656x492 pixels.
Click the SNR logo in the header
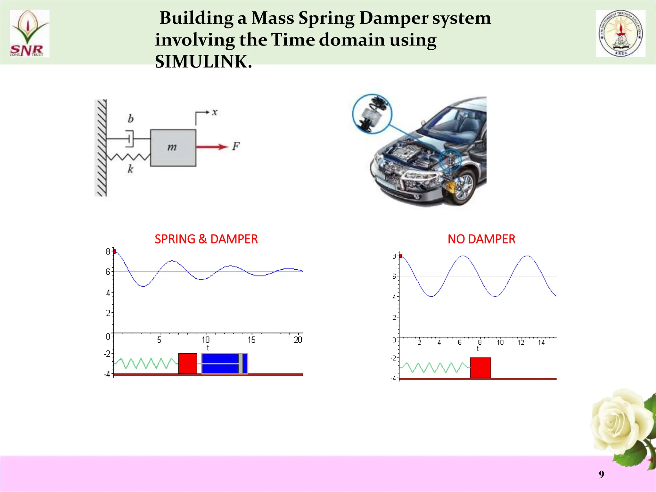tap(29, 34)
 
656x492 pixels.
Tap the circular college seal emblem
tap(620, 33)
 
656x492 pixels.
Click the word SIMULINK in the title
tap(203, 61)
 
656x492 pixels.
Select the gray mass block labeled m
tap(173, 148)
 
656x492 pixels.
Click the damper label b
tap(131, 119)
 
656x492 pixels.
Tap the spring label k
tap(130, 169)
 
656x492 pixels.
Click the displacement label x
tap(215, 112)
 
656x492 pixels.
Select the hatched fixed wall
tap(101, 148)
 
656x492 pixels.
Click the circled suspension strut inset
tap(372, 113)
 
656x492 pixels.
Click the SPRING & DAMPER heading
tap(206, 239)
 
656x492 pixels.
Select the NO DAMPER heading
tap(481, 239)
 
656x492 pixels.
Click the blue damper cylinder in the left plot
tap(225, 364)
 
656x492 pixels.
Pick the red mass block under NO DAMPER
tap(480, 368)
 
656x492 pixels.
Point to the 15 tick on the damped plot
tap(251, 340)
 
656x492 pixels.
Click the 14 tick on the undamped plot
tap(541, 342)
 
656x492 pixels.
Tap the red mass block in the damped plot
tap(188, 363)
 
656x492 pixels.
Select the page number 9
tap(601, 474)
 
